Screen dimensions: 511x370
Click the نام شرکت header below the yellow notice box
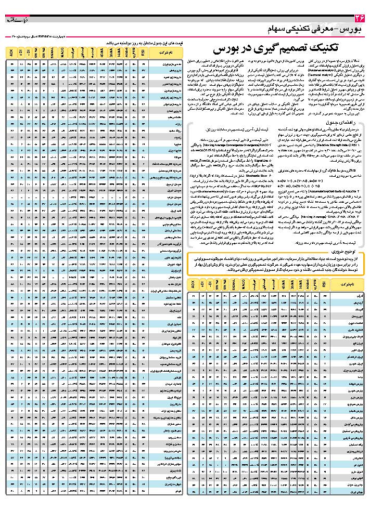coord(346,285)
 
